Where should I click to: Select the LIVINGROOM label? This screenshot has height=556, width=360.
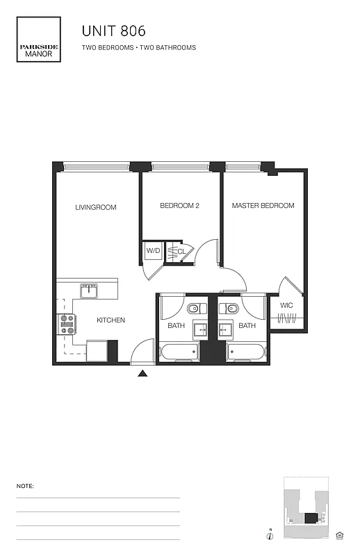click(x=96, y=207)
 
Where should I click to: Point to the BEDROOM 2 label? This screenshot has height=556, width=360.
click(x=180, y=206)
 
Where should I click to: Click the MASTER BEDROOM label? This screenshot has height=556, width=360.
click(x=263, y=206)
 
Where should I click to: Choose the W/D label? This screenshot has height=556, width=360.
click(x=152, y=252)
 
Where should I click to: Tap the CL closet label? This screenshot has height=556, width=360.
click(x=181, y=252)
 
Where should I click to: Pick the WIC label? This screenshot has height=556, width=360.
click(x=286, y=305)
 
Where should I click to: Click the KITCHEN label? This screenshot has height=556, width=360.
click(x=111, y=320)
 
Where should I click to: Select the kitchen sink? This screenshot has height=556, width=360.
click(x=89, y=291)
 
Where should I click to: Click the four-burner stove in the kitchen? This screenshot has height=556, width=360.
click(x=67, y=325)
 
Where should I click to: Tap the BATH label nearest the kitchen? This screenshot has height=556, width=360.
click(x=175, y=325)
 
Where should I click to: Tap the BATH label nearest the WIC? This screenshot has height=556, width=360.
click(x=247, y=325)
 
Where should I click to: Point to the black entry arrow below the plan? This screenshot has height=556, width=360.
click(x=142, y=374)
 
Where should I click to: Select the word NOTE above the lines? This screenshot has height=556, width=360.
click(x=25, y=486)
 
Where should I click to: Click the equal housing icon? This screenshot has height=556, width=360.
click(x=340, y=534)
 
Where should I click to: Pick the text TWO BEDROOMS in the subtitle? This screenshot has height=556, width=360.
click(x=108, y=48)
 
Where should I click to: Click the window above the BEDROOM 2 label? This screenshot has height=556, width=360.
click(x=180, y=167)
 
